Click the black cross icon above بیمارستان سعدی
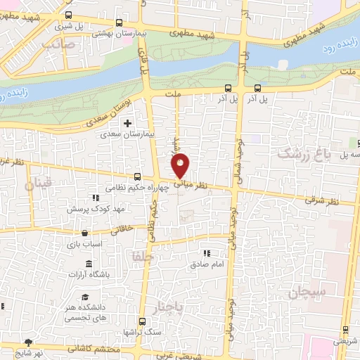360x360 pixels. (x=127, y=123)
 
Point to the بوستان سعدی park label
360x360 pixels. (x=115, y=113)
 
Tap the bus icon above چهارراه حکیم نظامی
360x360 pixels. (x=138, y=178)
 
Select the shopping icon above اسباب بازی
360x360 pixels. (x=85, y=233)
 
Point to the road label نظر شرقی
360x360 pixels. (x=321, y=200)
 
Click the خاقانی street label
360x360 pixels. (x=132, y=229)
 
